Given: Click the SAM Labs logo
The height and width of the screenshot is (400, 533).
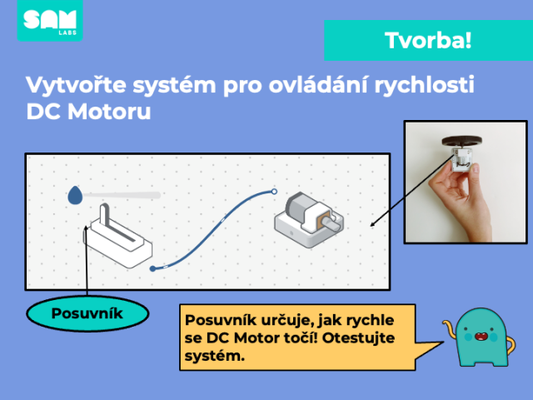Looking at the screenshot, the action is pyautogui.click(x=50, y=20).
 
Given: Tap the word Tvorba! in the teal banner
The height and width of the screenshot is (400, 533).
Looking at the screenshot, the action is pyautogui.click(x=428, y=41).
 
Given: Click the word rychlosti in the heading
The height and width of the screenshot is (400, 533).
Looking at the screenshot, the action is pyautogui.click(x=424, y=85).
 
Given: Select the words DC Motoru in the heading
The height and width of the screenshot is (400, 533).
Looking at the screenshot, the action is pyautogui.click(x=88, y=111).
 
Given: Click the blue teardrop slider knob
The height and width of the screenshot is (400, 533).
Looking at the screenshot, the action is pyautogui.click(x=75, y=195).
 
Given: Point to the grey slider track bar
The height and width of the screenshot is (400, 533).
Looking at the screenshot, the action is pyautogui.click(x=122, y=195).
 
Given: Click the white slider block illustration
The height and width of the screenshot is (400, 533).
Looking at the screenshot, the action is pyautogui.click(x=117, y=236).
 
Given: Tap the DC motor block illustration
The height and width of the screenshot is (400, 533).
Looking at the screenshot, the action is pyautogui.click(x=309, y=220).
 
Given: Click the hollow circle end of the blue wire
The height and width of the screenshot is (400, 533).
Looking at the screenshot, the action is pyautogui.click(x=274, y=192).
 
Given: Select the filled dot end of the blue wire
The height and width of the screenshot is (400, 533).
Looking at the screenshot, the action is pyautogui.click(x=152, y=268).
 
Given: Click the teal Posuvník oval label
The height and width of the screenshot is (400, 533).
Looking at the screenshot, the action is pyautogui.click(x=87, y=313).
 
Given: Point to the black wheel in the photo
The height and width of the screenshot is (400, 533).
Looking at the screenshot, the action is pyautogui.click(x=461, y=141).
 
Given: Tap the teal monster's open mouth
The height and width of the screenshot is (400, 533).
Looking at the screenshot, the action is pyautogui.click(x=481, y=337).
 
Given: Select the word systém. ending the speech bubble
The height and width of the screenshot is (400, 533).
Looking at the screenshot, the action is pyautogui.click(x=215, y=356).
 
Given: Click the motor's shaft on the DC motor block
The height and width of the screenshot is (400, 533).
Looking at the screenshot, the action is pyautogui.click(x=331, y=225).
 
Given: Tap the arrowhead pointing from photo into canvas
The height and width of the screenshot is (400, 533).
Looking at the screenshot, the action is pyautogui.click(x=372, y=224).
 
